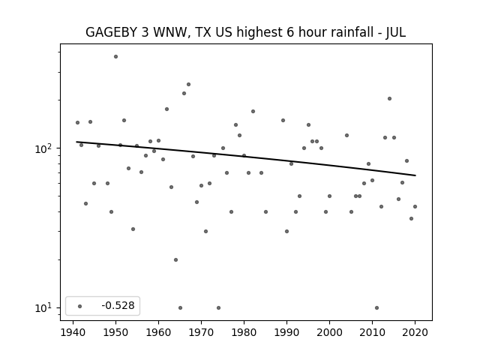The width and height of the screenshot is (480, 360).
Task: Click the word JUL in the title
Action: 395,32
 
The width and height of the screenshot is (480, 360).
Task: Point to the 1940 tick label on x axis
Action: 73,332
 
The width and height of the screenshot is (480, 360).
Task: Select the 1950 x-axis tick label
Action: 115,332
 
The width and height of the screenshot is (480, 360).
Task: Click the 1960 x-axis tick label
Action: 158,332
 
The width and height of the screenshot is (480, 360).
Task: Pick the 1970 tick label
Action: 201,332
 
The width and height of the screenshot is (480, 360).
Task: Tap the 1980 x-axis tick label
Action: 244,332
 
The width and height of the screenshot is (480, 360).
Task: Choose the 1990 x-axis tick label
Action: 286,332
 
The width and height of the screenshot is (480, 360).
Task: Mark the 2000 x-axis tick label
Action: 329,332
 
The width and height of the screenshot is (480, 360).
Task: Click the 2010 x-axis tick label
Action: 372,332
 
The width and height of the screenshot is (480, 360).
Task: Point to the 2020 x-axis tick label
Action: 415,332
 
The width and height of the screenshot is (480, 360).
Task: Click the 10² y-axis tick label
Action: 46,148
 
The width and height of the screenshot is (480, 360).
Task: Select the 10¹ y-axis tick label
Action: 46,308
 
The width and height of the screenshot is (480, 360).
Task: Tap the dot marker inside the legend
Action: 80,306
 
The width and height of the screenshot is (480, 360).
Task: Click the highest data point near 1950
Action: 115,56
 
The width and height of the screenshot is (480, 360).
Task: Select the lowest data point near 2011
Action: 376,307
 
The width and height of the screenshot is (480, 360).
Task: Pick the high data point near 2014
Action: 389,98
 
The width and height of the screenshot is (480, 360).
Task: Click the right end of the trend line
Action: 415,175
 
